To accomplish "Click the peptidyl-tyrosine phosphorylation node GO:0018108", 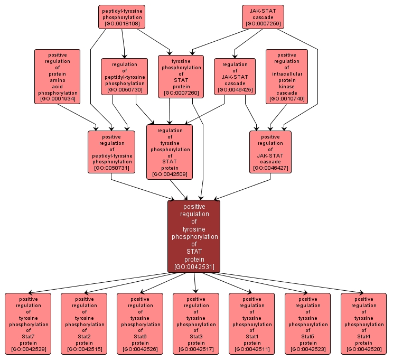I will point(121,17).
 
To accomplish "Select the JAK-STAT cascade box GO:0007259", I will point(263,17).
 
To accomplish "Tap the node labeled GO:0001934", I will point(57,77).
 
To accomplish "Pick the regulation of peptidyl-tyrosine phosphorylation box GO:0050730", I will point(124,76).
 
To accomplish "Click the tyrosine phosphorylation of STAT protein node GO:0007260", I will point(181,76).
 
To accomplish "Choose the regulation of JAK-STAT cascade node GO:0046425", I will point(235,76).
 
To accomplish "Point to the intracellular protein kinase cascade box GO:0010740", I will point(286,77).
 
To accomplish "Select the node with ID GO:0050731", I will point(111,152).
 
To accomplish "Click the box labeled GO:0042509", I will point(170,152).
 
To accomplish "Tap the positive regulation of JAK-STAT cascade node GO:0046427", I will point(270,152).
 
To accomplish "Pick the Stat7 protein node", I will point(28,324).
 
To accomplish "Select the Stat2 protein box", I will point(84,324).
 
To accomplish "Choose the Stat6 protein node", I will point(140,324).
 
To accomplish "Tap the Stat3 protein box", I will point(196,324).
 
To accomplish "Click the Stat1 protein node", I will point(252,324).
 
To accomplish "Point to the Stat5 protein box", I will point(308,324).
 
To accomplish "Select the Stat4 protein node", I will point(364,324).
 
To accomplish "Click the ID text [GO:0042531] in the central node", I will point(194,267).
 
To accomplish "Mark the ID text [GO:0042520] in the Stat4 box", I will point(364,349).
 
